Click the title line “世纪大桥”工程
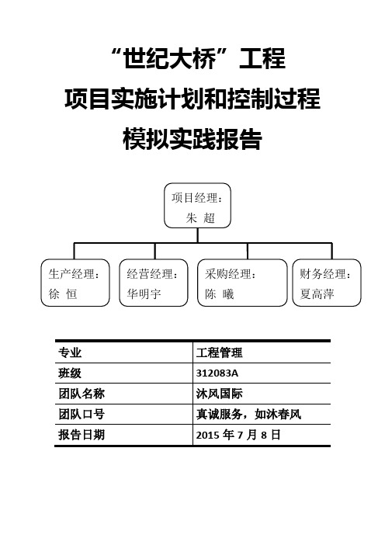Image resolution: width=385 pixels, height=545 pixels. pos(199,59)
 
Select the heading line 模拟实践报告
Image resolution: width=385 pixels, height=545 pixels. pos(192,139)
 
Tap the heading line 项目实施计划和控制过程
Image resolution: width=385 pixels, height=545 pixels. pos(192,99)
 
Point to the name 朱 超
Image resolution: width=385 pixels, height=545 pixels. pos(200,218)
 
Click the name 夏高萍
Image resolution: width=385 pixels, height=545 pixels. pos(317,294)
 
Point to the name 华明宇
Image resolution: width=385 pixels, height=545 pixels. pos(144,294)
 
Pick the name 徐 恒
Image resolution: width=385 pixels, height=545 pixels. pos(63,294)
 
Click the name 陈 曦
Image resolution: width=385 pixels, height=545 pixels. pos(219,294)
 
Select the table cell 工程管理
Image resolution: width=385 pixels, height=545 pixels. pos(219,352)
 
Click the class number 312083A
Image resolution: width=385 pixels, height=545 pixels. pos(217,373)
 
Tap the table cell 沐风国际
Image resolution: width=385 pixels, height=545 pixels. pos(219,394)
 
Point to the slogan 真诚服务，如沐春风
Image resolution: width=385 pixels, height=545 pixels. pos(249,415)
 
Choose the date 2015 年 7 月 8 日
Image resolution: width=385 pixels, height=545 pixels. pos(238,435)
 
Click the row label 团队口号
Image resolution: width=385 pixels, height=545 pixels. pos(82,415)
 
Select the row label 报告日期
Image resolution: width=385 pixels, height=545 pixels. pos(82,435)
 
